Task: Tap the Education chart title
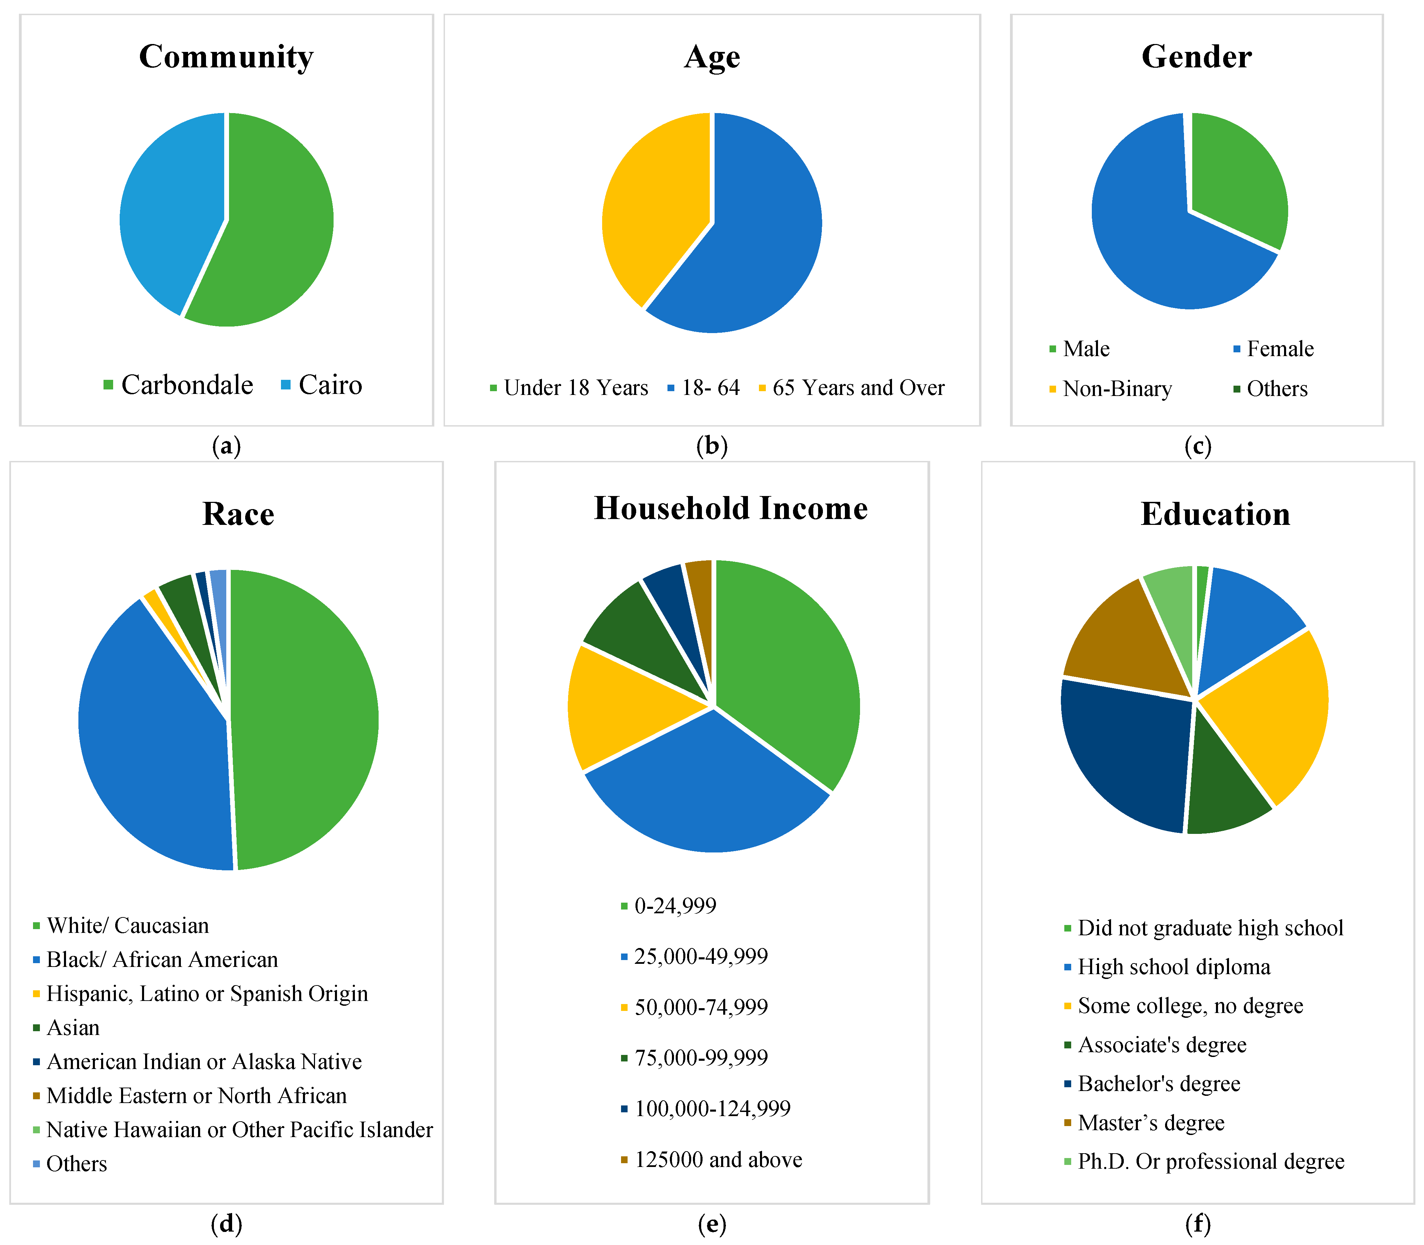pyautogui.click(x=1216, y=514)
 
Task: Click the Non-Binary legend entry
pyautogui.click(x=1111, y=389)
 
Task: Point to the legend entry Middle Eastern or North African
pyautogui.click(x=190, y=1095)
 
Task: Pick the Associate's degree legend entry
pyautogui.click(x=1155, y=1045)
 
